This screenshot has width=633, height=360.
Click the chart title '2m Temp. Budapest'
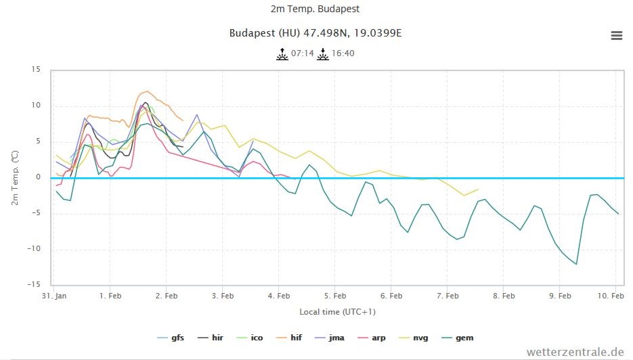click(x=316, y=9)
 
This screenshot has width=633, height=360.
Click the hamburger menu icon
click(x=616, y=36)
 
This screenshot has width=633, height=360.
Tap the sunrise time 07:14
click(x=303, y=53)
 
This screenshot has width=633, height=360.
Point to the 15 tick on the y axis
click(x=36, y=70)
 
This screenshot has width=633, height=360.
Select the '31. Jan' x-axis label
click(x=54, y=296)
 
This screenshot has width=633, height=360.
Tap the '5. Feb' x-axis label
click(x=335, y=296)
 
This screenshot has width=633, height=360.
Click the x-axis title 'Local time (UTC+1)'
click(x=337, y=312)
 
